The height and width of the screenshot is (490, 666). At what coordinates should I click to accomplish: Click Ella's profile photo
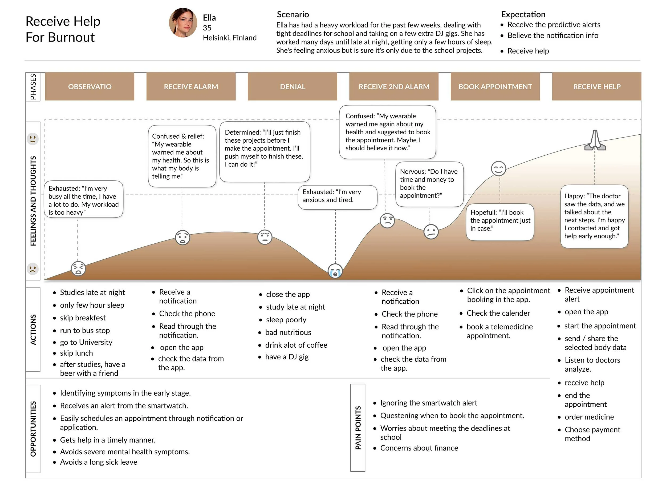tap(182, 23)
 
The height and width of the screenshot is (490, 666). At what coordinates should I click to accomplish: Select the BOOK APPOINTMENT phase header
tap(495, 87)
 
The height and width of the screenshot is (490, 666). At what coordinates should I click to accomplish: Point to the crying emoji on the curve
tap(335, 271)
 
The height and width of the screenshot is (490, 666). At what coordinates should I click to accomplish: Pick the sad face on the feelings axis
tap(33, 269)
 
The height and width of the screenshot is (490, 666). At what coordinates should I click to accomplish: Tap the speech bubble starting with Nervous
tap(429, 184)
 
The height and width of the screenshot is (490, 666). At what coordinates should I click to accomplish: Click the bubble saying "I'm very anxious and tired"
tap(337, 197)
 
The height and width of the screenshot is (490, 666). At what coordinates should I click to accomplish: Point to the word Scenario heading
tap(293, 14)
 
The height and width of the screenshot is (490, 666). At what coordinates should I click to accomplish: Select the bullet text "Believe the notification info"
tap(553, 36)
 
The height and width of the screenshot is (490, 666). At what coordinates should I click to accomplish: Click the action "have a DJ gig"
tap(287, 357)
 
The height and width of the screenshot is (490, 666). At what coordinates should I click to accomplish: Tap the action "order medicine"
tap(589, 417)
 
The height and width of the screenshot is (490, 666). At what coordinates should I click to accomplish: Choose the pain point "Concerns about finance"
tap(419, 448)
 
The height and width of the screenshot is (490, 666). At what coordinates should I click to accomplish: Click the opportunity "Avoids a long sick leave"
tap(98, 462)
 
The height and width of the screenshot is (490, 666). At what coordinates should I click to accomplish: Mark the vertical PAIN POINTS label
tap(358, 427)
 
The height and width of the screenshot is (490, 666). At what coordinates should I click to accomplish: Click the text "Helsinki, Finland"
tap(229, 38)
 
